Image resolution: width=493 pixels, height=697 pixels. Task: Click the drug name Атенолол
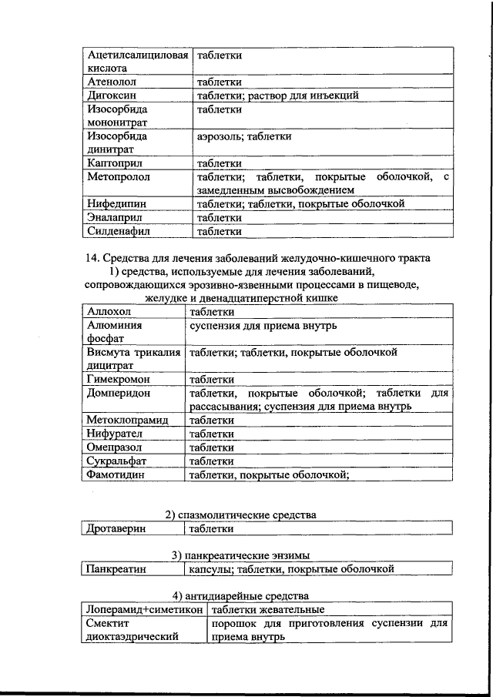(112, 82)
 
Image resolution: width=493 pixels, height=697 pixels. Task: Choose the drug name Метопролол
(119, 177)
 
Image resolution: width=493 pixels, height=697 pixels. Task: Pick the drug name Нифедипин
(117, 204)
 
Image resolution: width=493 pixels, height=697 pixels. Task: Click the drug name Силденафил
(118, 230)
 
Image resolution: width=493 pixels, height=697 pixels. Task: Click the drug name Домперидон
(119, 393)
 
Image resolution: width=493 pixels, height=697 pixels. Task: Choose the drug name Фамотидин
(116, 475)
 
